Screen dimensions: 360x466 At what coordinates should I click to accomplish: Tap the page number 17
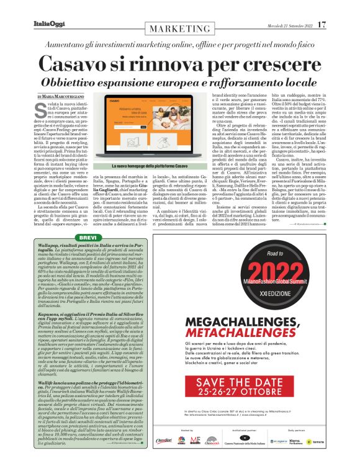coord(321,24)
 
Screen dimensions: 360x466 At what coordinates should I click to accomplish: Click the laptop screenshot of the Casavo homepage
coord(143,133)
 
